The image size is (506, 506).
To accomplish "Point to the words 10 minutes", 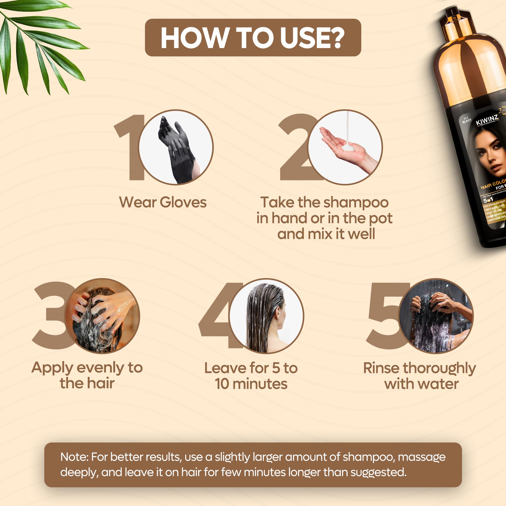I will pyautogui.click(x=251, y=384).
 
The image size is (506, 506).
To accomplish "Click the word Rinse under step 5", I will pyautogui.click(x=381, y=368).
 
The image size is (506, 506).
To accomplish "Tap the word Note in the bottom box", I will pyautogui.click(x=73, y=457).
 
